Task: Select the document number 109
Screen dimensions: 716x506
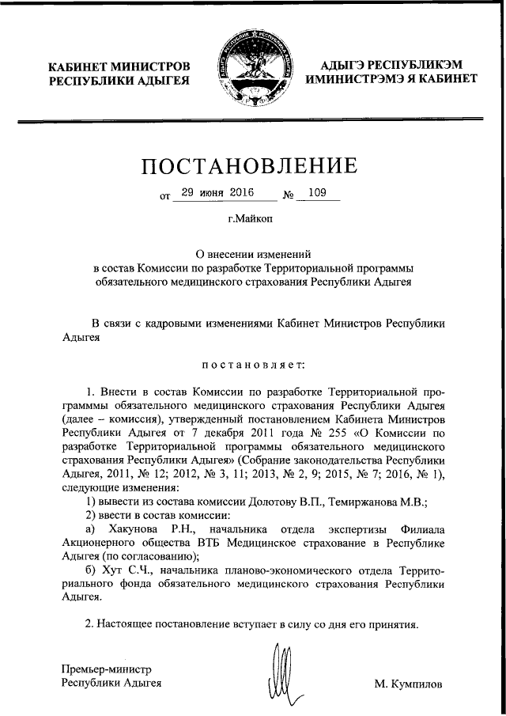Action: coord(319,192)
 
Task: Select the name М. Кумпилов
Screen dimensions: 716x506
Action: coord(410,684)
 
